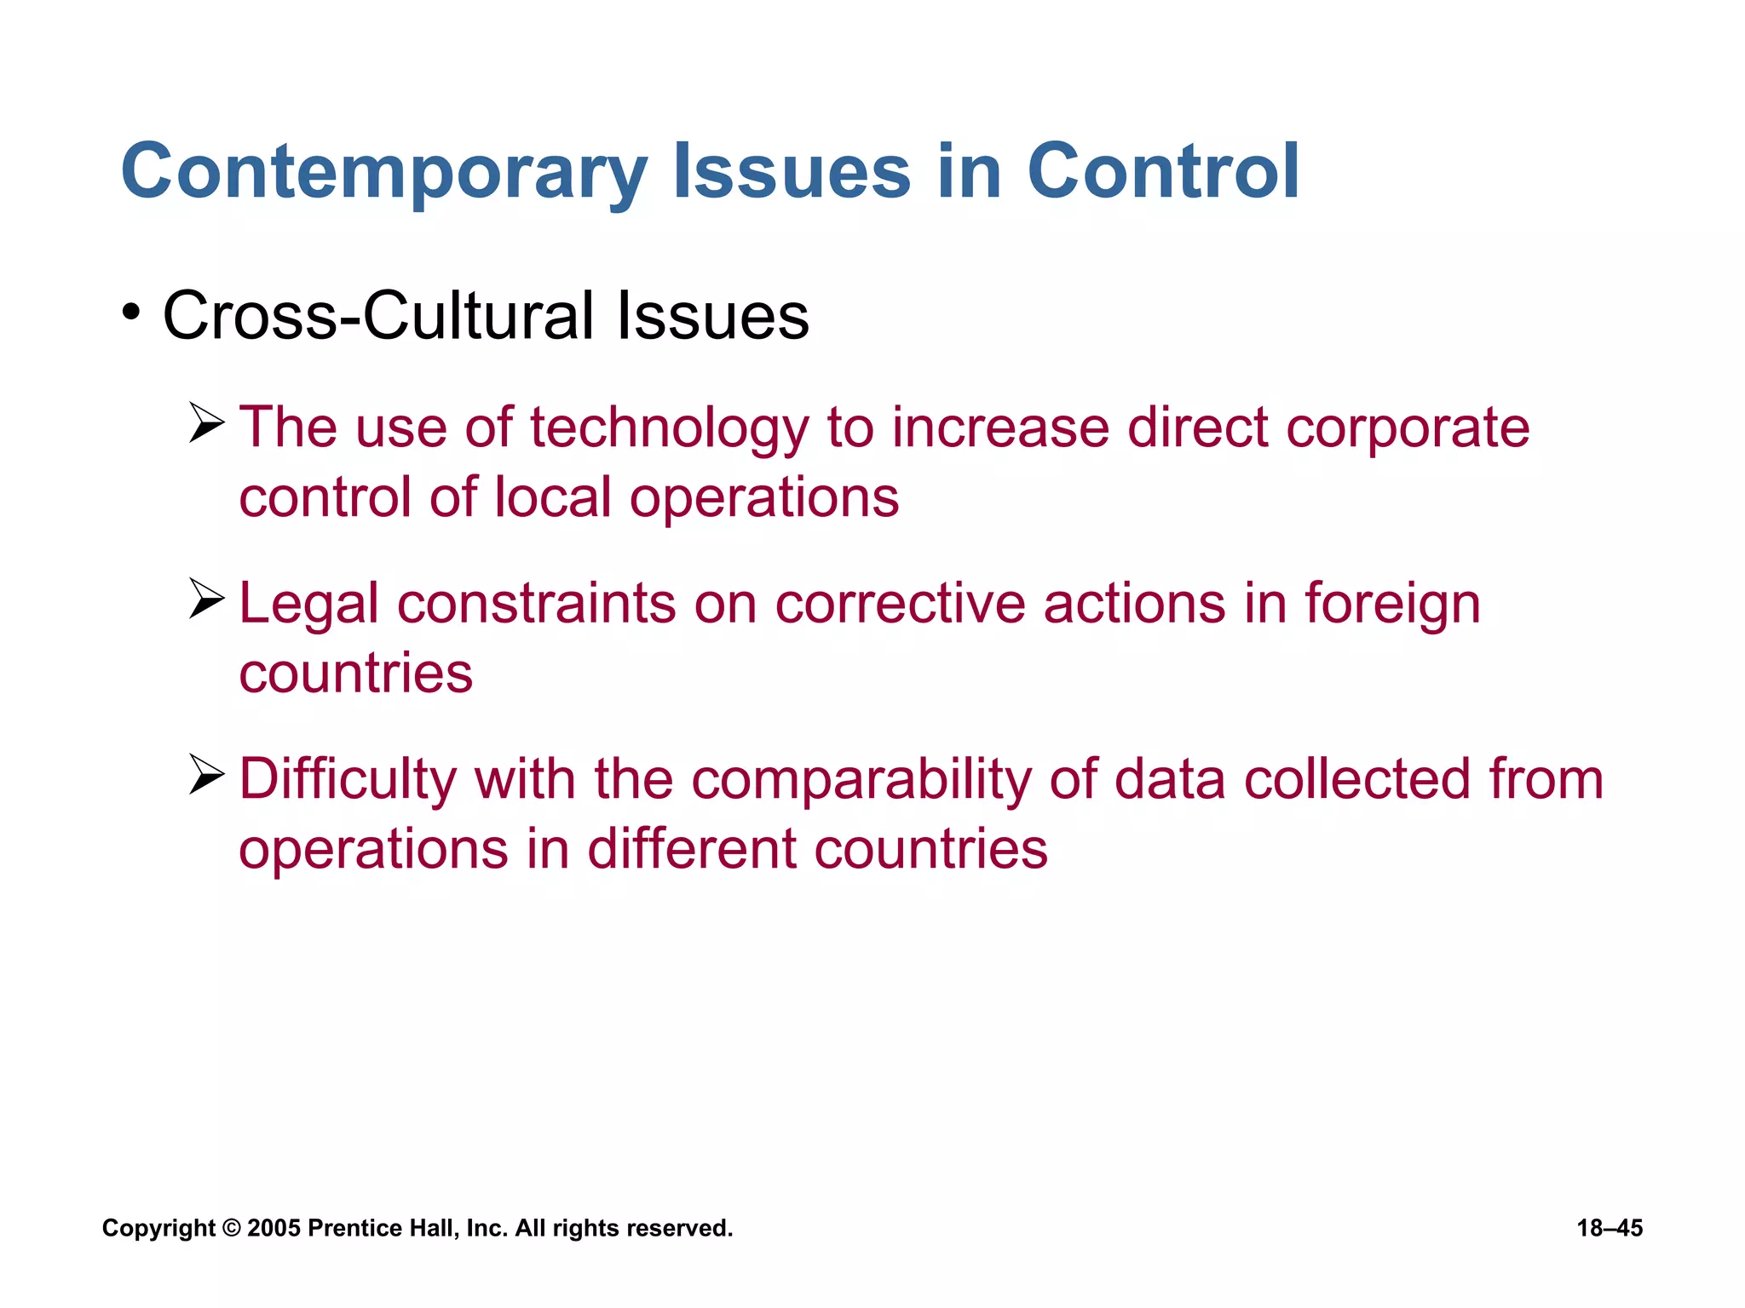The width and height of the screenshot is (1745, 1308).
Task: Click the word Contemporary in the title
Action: [x=383, y=173]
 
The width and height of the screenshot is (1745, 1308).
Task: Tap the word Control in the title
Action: [x=1163, y=173]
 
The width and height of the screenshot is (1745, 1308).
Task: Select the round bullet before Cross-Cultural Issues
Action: [x=130, y=313]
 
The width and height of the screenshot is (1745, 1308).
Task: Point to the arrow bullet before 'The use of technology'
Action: [x=206, y=423]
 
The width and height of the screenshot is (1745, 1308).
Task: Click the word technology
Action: [x=669, y=427]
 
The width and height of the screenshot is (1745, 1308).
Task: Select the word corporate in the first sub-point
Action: [x=1408, y=427]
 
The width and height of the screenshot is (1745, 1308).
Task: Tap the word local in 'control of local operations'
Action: [x=552, y=497]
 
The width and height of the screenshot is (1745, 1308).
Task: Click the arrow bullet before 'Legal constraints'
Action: [x=206, y=599]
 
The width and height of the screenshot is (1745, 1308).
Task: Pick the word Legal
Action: [x=308, y=605]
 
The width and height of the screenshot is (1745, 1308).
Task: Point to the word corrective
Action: [x=900, y=603]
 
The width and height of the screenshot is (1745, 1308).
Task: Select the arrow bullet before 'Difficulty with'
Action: [x=206, y=775]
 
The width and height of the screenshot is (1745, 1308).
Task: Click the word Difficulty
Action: [x=348, y=780]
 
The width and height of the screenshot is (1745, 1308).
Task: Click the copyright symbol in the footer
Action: [x=231, y=1228]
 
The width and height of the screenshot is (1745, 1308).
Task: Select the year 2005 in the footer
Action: [x=274, y=1228]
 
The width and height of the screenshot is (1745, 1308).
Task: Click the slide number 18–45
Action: [x=1610, y=1228]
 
